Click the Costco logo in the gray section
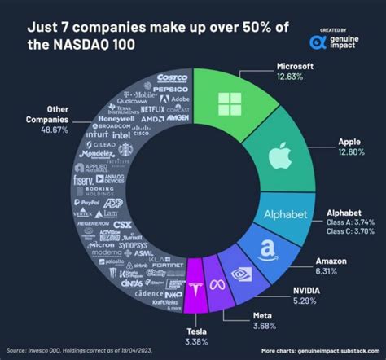tap(172, 78)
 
